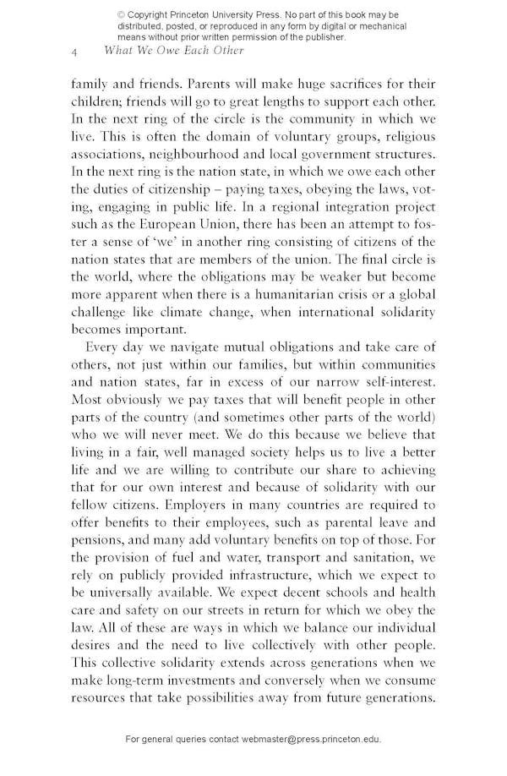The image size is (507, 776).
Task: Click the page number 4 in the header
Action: pos(74,52)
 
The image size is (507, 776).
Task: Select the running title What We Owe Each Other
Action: pos(173,51)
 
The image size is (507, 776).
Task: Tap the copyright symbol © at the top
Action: pos(122,15)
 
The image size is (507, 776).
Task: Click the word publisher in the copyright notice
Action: pos(322,37)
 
